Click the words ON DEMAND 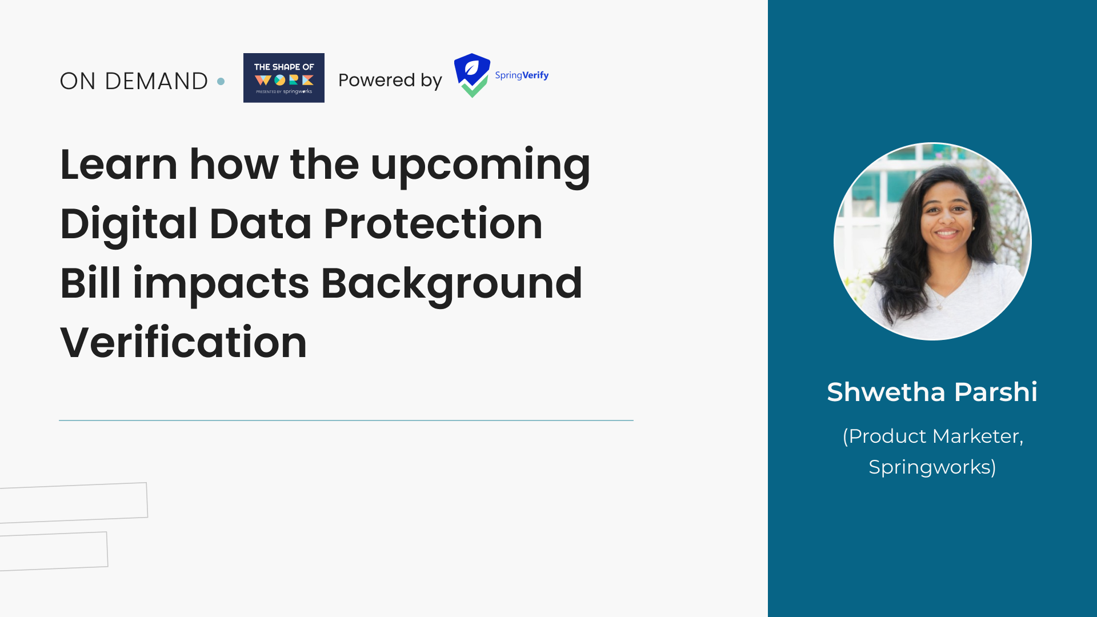pyautogui.click(x=134, y=81)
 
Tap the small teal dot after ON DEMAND pyautogui.click(x=221, y=82)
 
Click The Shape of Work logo pyautogui.click(x=284, y=78)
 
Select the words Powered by pyautogui.click(x=390, y=81)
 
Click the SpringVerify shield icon pyautogui.click(x=472, y=75)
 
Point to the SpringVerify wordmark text pyautogui.click(x=522, y=75)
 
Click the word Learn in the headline pyautogui.click(x=118, y=165)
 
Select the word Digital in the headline pyautogui.click(x=129, y=224)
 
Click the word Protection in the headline pyautogui.click(x=433, y=224)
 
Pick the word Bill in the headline pyautogui.click(x=90, y=283)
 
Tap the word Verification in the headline pyautogui.click(x=183, y=343)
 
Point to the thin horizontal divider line pyautogui.click(x=346, y=420)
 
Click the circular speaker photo pyautogui.click(x=932, y=241)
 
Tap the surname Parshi pyautogui.click(x=995, y=392)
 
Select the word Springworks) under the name pyautogui.click(x=932, y=467)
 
